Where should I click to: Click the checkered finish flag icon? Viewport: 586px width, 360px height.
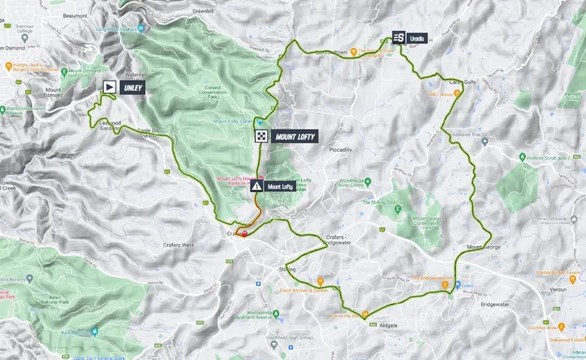(261, 137)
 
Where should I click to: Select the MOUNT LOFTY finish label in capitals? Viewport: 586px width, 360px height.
(295, 137)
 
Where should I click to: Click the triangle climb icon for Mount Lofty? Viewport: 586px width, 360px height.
(257, 186)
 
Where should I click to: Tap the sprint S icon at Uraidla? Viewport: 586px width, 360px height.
(398, 37)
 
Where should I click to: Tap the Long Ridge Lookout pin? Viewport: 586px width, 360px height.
(140, 29)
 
